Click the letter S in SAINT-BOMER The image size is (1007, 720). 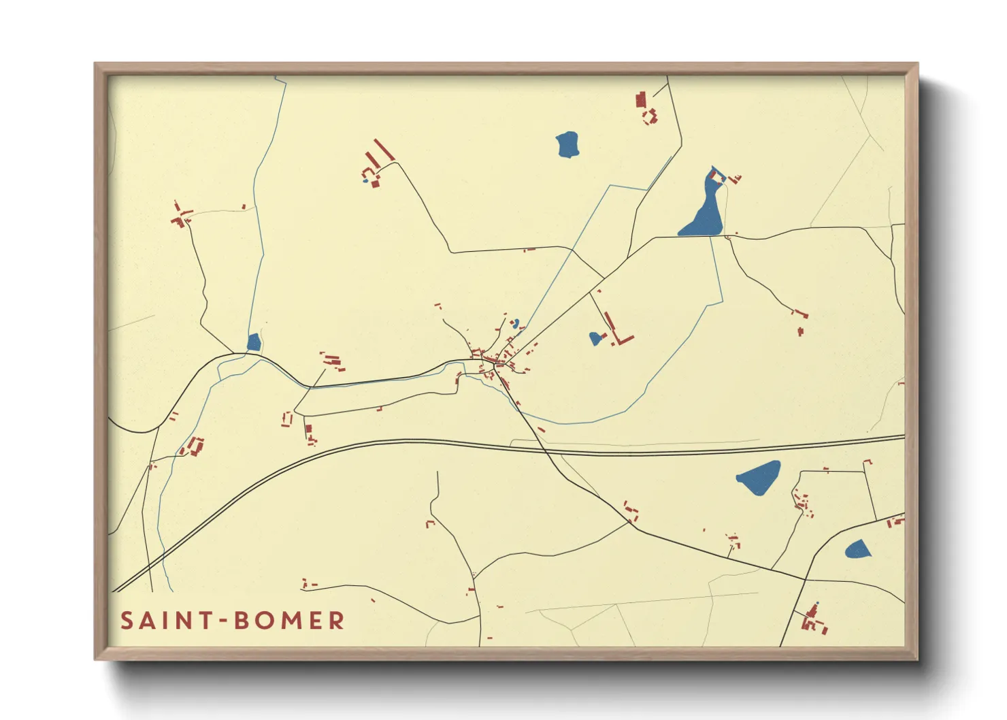click(x=127, y=621)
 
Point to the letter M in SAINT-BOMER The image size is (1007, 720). click(x=288, y=621)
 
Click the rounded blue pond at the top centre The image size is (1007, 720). click(x=567, y=144)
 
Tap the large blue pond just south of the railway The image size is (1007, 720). click(x=759, y=477)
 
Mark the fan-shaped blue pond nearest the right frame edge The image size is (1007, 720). click(x=857, y=549)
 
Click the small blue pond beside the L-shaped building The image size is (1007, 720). click(x=595, y=338)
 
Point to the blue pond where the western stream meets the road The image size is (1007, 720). click(x=254, y=342)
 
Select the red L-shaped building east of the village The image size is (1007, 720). click(x=619, y=333)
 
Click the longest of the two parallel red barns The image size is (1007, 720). click(x=384, y=150)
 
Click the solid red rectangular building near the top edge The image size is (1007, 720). click(x=640, y=100)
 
